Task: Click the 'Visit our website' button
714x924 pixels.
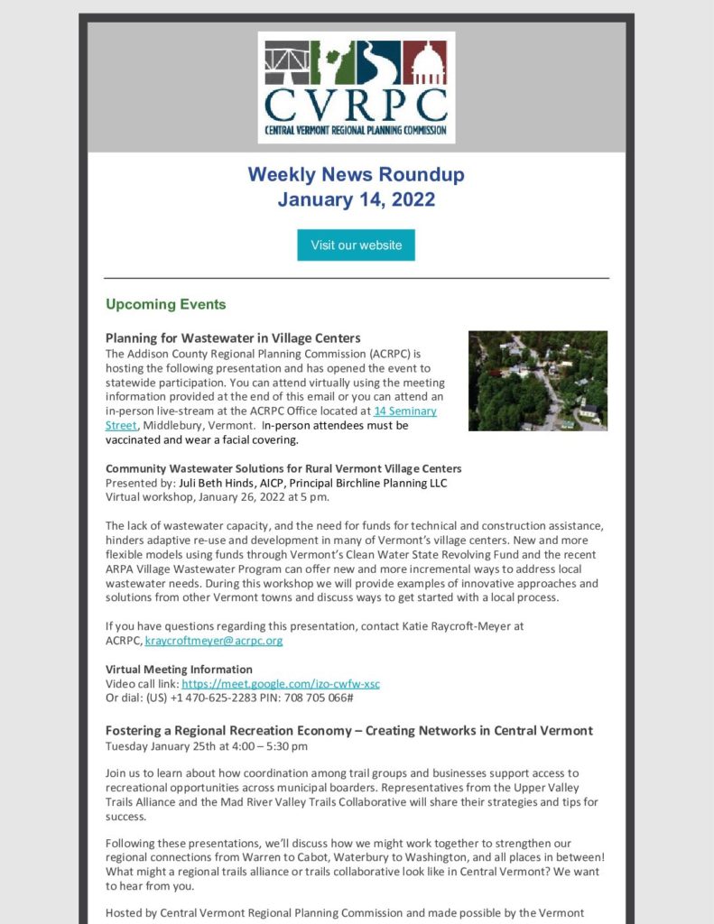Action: click(x=356, y=245)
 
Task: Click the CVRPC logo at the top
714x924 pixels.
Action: click(x=356, y=88)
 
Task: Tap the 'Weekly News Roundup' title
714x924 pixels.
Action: click(x=356, y=173)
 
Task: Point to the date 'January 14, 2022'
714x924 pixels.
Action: click(x=356, y=199)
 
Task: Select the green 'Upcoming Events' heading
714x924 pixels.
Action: click(x=165, y=304)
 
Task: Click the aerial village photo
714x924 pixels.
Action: click(x=537, y=380)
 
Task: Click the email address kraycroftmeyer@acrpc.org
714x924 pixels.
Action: click(x=214, y=641)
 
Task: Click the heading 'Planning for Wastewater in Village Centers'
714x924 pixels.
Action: click(x=233, y=338)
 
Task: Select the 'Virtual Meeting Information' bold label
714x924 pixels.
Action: click(x=179, y=670)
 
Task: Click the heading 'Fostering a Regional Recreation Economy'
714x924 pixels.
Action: click(x=348, y=730)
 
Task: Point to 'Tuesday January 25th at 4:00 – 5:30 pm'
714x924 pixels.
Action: click(x=207, y=746)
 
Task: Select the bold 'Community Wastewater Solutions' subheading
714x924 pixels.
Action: click(x=283, y=468)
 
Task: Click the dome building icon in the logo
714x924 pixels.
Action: click(x=423, y=62)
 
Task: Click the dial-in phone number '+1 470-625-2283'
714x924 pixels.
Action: click(x=206, y=698)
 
